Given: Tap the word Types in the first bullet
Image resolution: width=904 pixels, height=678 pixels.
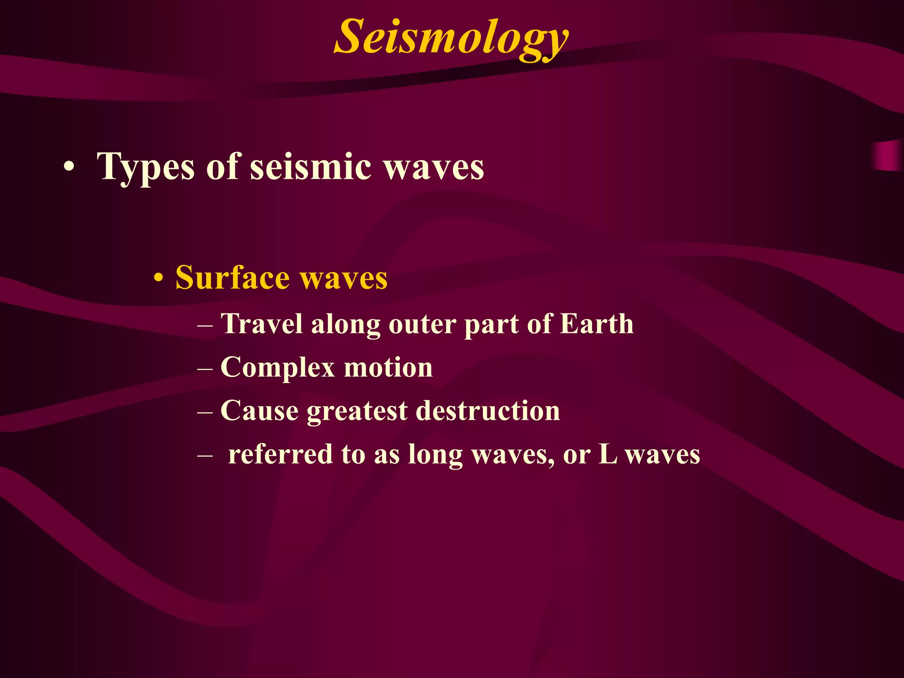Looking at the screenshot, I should pyautogui.click(x=146, y=167).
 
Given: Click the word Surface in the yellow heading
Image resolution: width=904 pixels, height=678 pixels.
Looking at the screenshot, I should pyautogui.click(x=232, y=278).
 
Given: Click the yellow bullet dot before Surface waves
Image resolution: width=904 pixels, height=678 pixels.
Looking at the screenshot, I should pyautogui.click(x=158, y=279).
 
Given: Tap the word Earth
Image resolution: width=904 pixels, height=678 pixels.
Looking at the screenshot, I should pyautogui.click(x=597, y=324).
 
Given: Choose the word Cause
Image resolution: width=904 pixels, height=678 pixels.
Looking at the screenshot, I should pyautogui.click(x=260, y=411).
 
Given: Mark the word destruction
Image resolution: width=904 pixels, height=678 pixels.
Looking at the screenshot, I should pyautogui.click(x=488, y=411).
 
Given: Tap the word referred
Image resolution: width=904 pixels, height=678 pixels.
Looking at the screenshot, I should pyautogui.click(x=280, y=454).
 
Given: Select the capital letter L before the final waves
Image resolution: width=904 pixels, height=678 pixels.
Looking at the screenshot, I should pyautogui.click(x=607, y=454).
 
